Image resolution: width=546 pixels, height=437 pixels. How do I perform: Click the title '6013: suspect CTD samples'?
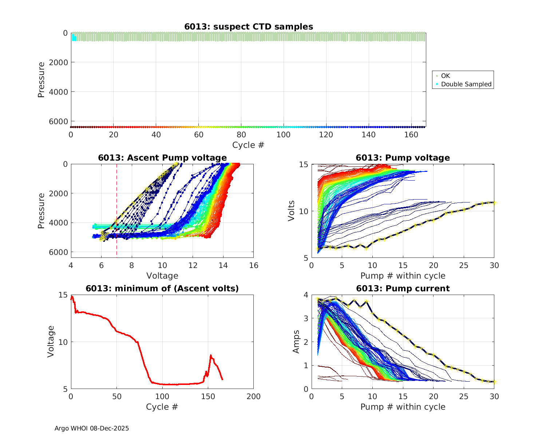tap(249, 27)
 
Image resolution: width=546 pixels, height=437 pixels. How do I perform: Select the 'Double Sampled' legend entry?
tap(466, 84)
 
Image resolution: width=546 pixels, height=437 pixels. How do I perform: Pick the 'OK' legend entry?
tap(445, 76)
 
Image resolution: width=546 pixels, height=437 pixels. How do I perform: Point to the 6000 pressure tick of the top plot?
tap(60, 121)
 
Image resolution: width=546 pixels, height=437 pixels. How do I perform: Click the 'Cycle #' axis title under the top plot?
tap(248, 145)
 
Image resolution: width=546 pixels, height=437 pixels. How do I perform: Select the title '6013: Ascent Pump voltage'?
tap(162, 158)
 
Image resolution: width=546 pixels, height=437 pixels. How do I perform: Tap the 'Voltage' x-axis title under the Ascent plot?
tap(162, 276)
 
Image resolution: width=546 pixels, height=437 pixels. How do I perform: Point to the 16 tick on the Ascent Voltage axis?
tap(254, 265)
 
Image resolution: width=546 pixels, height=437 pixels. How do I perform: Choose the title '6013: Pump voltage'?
tap(403, 158)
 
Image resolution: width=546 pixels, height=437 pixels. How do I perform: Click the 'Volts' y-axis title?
tap(291, 211)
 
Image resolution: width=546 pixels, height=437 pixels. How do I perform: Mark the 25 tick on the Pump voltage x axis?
tap(464, 266)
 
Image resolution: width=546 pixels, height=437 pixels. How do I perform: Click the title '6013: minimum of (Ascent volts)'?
tap(162, 288)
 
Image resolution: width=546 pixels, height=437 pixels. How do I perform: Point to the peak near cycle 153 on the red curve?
tap(210, 355)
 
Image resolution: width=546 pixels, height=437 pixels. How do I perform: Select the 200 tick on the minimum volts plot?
tap(253, 397)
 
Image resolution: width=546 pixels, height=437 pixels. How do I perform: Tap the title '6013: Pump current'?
tap(403, 288)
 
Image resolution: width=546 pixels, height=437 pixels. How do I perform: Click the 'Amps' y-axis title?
tap(296, 342)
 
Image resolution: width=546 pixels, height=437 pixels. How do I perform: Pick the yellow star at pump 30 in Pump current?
tap(494, 382)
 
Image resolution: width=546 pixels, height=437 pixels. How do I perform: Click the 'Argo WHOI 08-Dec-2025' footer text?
tap(92, 428)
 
